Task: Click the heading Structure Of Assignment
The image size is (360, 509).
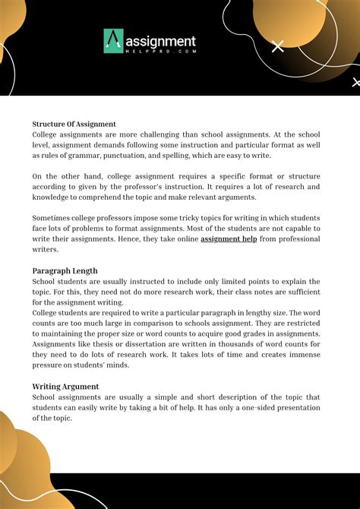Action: click(x=74, y=123)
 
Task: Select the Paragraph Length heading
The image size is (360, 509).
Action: click(x=65, y=270)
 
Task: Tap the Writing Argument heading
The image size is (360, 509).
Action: click(x=65, y=387)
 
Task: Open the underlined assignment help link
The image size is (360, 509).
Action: click(x=229, y=239)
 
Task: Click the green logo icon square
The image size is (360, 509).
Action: click(x=114, y=42)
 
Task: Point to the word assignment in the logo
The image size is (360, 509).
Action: click(x=161, y=40)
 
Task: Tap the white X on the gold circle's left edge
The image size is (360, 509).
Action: click(x=278, y=47)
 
